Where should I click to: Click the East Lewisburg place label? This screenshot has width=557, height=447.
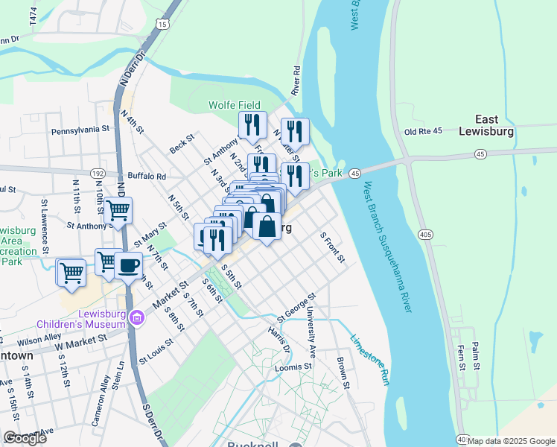click(x=497, y=125)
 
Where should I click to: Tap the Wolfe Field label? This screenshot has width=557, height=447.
click(x=235, y=106)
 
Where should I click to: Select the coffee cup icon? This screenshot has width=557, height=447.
click(x=129, y=266)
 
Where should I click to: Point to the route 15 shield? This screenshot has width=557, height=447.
click(x=162, y=25)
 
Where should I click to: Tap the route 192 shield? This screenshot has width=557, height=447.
click(x=98, y=172)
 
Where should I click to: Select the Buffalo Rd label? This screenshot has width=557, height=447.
click(x=150, y=177)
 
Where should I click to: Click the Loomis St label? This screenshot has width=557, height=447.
click(x=292, y=367)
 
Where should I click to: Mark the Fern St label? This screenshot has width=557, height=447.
click(x=461, y=358)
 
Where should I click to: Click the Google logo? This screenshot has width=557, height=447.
click(x=25, y=438)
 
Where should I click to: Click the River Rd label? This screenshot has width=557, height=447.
click(x=296, y=80)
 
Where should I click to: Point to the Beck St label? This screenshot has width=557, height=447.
click(x=182, y=144)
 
